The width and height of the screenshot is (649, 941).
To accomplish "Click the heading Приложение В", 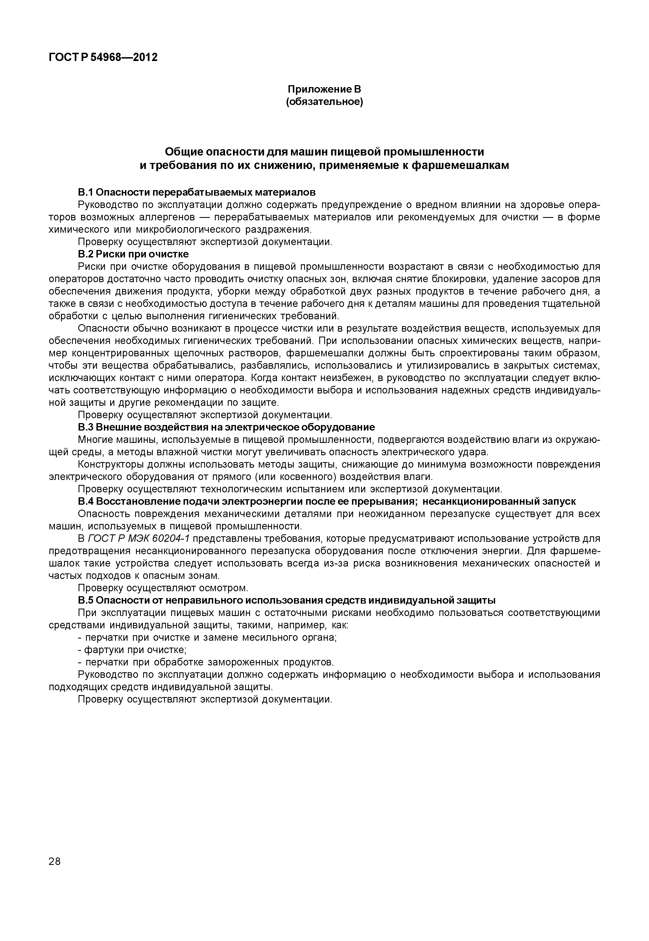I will pos(324,89).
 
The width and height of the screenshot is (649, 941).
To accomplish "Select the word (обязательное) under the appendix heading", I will pos(324,101).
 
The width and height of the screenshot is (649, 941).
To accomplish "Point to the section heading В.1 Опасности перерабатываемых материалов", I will pos(196,192).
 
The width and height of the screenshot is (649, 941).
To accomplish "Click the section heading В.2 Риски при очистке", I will pos(133,254).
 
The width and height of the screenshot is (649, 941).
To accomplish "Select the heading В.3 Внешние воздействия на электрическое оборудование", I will pos(226,428).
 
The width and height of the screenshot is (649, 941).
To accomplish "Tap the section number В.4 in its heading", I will pos(85,501).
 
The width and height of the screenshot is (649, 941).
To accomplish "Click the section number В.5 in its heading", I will pos(85,600).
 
